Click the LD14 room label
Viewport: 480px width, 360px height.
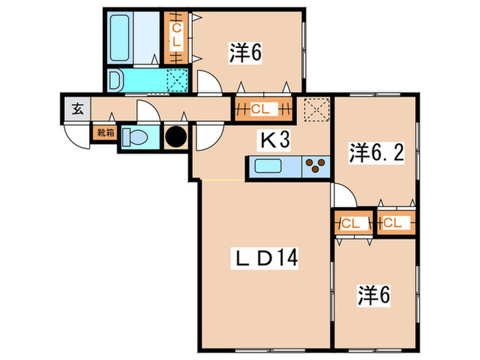[x=265, y=259]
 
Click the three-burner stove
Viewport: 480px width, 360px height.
[x=315, y=165]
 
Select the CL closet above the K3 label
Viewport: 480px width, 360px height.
[x=261, y=108]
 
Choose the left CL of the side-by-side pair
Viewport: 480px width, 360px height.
[x=351, y=224]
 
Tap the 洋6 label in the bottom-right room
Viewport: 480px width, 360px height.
[x=374, y=297]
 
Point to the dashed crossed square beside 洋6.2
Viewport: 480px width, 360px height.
[x=316, y=109]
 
